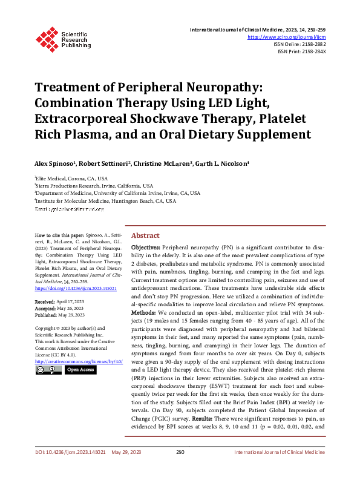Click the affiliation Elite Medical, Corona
tap(71, 179)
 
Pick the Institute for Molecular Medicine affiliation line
tap(106, 200)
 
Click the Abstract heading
tap(145, 235)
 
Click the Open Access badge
tap(80, 370)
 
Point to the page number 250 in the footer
tap(180, 468)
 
